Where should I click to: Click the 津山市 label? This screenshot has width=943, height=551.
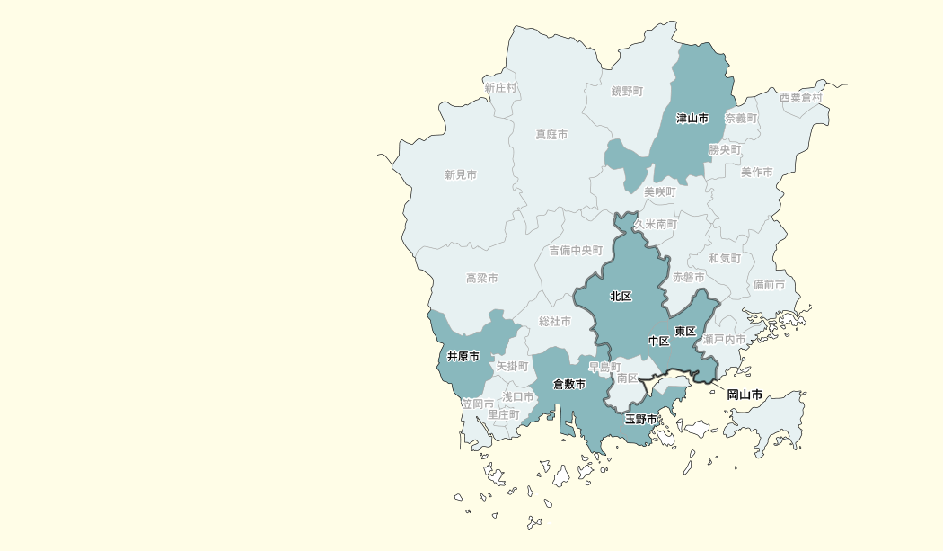point(692,119)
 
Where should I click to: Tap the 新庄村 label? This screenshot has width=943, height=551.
point(500,88)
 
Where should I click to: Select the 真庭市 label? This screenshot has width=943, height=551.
point(551,135)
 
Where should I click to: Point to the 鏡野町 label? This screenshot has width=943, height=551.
point(628,92)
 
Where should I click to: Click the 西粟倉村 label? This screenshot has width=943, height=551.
point(800,97)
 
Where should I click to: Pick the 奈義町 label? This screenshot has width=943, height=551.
point(741,119)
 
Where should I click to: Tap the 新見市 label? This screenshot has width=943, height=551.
point(461,175)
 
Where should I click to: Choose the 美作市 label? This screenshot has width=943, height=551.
point(756,173)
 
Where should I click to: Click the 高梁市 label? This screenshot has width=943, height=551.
point(482,280)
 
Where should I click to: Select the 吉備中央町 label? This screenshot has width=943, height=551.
point(576,251)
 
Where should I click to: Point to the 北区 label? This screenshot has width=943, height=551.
point(621,297)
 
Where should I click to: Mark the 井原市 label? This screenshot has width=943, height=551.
point(463,357)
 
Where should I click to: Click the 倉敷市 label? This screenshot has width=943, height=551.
point(569,385)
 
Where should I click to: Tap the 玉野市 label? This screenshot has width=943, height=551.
point(641,420)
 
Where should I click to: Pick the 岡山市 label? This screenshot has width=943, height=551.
point(745,395)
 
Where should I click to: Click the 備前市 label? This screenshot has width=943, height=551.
point(769,285)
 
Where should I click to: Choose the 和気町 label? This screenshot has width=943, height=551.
point(725,259)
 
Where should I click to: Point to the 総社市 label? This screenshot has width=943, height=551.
point(555,322)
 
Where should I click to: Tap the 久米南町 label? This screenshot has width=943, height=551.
point(656,224)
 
